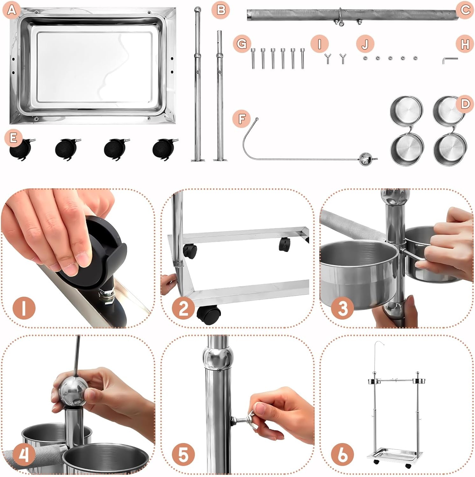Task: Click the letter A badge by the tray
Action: (x=11, y=10)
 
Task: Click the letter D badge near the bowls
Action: (x=465, y=104)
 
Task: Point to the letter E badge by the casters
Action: (x=13, y=138)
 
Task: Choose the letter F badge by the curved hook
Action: (x=242, y=119)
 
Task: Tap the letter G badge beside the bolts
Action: (x=242, y=44)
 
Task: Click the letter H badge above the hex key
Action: (x=465, y=45)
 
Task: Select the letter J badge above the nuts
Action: (x=365, y=44)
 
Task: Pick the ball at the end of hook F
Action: (x=365, y=159)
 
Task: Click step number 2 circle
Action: (x=184, y=308)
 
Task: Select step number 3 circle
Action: (x=343, y=308)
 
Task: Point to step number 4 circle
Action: (x=24, y=454)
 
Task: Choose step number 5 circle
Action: (x=183, y=454)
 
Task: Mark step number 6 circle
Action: (x=343, y=454)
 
